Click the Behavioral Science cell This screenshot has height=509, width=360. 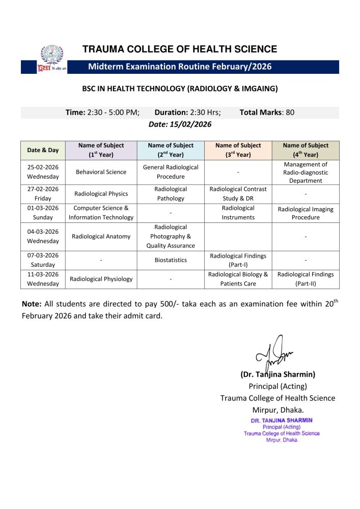101,172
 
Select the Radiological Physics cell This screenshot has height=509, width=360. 101,193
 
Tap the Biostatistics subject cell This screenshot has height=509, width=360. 171,260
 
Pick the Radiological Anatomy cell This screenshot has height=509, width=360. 101,236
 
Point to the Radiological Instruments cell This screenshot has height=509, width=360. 238,213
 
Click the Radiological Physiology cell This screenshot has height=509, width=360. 101,279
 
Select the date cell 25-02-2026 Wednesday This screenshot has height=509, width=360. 43,172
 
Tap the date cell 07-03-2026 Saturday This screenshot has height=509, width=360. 43,260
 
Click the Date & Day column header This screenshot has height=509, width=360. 43,150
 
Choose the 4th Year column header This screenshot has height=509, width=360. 306,150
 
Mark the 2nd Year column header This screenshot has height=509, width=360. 171,150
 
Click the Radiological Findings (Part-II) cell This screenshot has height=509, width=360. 306,279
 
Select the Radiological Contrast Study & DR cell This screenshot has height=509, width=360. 238,193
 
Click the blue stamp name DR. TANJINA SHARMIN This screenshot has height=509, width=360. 282,420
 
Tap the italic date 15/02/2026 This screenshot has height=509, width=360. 180,124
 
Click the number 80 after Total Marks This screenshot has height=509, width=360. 290,112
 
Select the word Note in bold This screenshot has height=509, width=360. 32,304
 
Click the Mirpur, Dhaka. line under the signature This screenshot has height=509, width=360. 278,410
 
